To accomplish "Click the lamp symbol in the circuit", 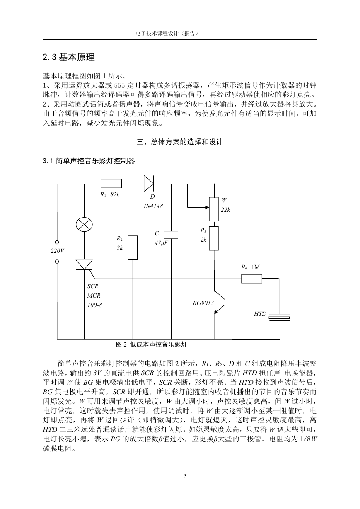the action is (84, 225).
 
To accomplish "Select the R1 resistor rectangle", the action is (111, 184).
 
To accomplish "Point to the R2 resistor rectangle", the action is (133, 248).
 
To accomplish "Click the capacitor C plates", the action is (171, 235).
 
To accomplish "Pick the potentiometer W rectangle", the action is (214, 209).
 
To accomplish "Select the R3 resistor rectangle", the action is (214, 238).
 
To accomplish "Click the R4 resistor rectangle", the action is (251, 279).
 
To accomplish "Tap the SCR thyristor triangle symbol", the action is (84, 265).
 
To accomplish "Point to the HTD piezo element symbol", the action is (279, 318).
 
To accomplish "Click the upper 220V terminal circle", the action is (57, 242).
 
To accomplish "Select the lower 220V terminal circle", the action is (57, 262).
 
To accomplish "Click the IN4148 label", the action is (153, 206).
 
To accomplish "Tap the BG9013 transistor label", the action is (203, 303).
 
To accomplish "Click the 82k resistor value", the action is (115, 194).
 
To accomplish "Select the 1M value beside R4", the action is (256, 267).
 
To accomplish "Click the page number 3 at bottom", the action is (185, 475).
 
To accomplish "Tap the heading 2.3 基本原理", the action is (69, 57).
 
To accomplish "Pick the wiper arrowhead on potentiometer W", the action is (208, 207).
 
